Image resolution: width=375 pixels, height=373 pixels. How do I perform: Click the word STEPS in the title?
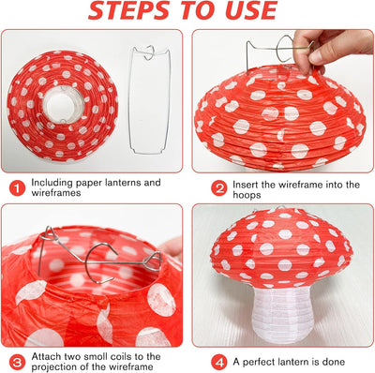(128, 10)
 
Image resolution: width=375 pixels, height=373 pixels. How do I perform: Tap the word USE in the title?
(251, 10)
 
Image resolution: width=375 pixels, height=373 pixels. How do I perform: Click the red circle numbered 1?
(17, 188)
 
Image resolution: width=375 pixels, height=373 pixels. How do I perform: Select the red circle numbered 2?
(218, 188)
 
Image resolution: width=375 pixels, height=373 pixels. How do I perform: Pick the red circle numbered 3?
(17, 363)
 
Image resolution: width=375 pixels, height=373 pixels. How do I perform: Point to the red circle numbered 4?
(218, 363)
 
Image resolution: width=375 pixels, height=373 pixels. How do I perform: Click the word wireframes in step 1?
(56, 193)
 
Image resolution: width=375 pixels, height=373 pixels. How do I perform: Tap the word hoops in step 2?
(247, 196)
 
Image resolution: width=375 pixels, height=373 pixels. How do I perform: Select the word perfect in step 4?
(261, 363)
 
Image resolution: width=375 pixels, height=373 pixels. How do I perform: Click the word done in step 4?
(334, 362)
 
